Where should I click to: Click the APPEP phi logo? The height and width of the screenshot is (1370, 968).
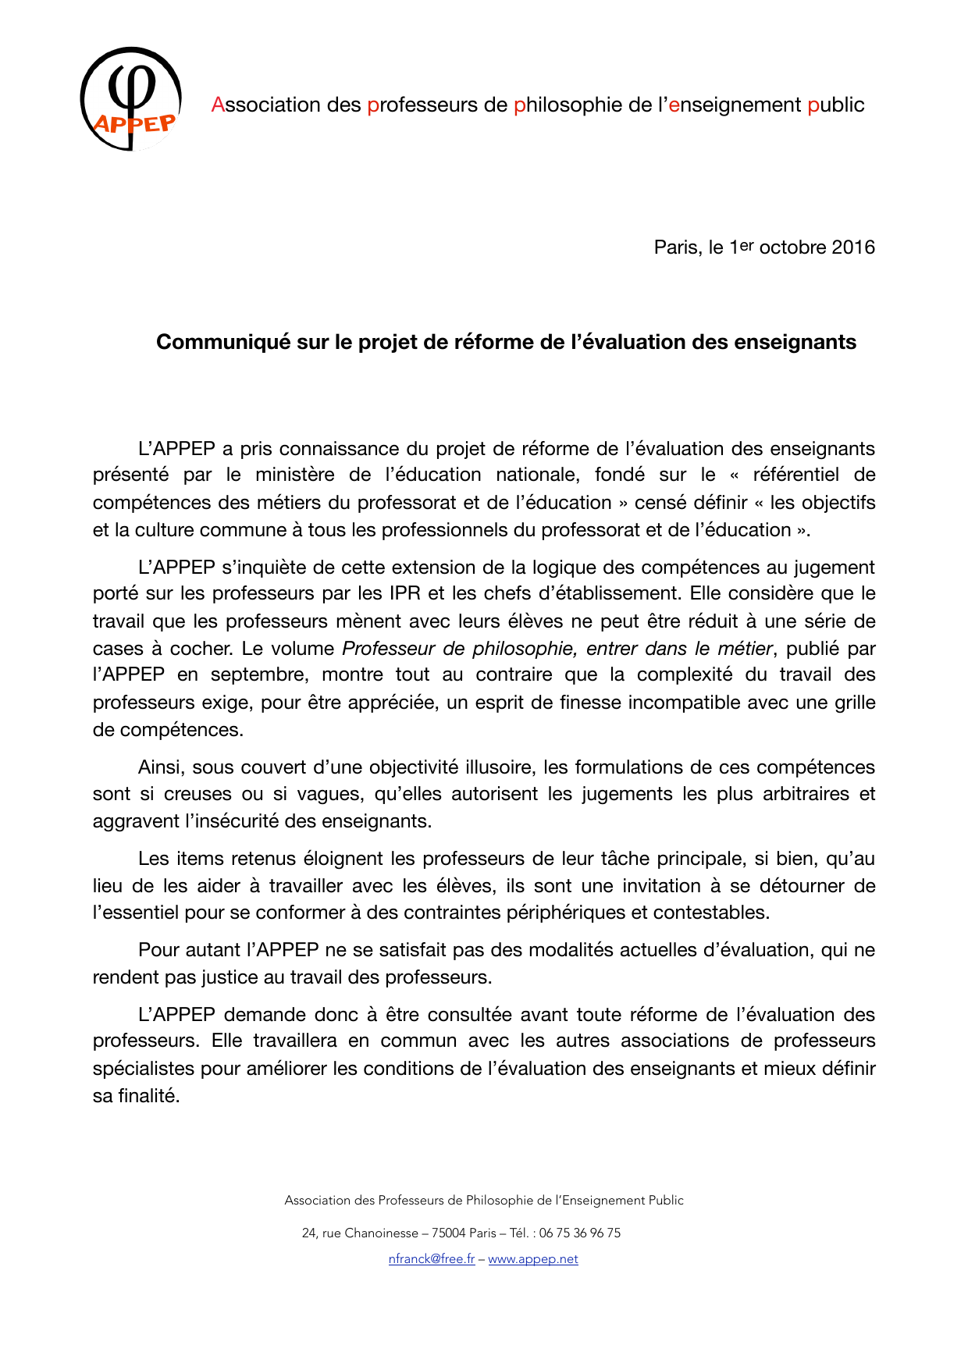131,99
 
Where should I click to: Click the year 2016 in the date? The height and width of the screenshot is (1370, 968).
853,247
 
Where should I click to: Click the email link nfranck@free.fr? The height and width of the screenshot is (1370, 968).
432,1258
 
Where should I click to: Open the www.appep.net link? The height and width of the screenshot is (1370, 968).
533,1258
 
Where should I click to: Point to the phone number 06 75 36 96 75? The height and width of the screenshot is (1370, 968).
580,1233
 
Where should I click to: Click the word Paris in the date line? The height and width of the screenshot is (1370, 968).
677,247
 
